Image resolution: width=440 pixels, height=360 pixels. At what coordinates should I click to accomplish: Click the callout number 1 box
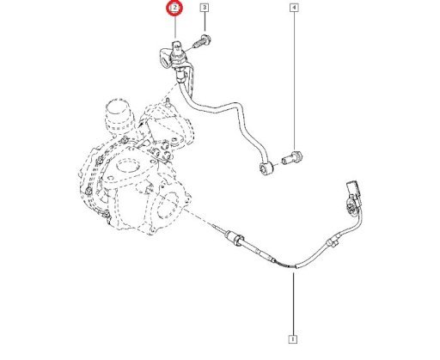coord(293,339)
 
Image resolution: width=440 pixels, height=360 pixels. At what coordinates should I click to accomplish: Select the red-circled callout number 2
coord(174,8)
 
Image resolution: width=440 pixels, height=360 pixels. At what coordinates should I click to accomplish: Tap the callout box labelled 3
coord(205,8)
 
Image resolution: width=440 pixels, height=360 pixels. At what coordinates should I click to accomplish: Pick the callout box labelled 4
coord(294,8)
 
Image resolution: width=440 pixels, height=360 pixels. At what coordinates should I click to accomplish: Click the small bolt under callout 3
coord(202,41)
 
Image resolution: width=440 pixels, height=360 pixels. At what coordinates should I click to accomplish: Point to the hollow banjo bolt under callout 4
coord(292,157)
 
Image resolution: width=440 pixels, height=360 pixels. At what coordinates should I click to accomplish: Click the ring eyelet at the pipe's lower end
coord(266,168)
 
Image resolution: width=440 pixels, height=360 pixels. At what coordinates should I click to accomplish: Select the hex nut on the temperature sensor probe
coord(238,240)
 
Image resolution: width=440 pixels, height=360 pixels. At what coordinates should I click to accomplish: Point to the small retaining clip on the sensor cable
coord(333,242)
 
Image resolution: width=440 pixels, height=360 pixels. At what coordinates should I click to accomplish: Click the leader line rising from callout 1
coord(293,304)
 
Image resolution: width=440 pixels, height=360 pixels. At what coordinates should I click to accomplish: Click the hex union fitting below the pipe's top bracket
coord(180,75)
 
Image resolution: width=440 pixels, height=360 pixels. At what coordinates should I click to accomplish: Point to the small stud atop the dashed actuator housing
coord(168,101)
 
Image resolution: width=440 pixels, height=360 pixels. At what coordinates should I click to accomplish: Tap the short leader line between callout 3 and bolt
coord(205,21)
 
